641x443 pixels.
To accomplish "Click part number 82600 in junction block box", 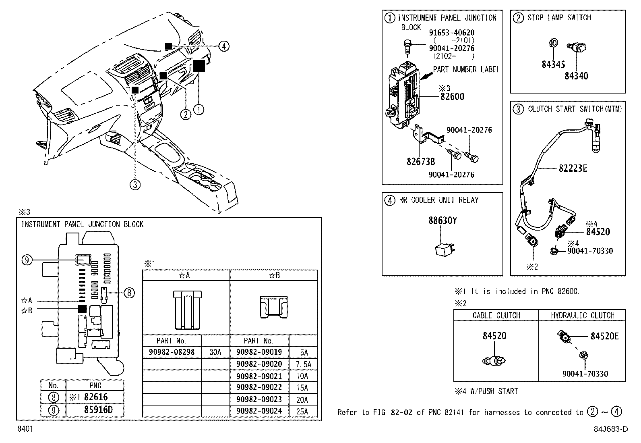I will (x=452, y=96).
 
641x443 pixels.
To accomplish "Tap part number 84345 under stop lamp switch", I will (x=553, y=64).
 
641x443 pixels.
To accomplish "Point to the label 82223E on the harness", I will (x=573, y=168).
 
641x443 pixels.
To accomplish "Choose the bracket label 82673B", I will (x=420, y=162).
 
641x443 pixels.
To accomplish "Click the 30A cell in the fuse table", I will (x=215, y=352).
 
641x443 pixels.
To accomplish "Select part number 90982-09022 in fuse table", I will (x=259, y=387).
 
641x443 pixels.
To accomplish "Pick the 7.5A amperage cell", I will (x=303, y=364).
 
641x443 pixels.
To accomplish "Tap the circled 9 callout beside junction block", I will (x=27, y=260).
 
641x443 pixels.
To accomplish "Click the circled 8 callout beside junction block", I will (x=128, y=293).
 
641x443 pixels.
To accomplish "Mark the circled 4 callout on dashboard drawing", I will (x=224, y=46).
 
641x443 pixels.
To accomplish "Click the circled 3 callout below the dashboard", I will (x=135, y=185).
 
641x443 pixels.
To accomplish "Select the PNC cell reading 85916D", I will (x=98, y=410).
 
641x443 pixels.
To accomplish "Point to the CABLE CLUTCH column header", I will (x=496, y=315).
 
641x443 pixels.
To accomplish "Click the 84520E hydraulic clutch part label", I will (x=604, y=336).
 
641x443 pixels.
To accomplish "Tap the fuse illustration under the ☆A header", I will (x=186, y=309).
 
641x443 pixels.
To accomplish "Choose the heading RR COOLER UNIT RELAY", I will (x=438, y=200).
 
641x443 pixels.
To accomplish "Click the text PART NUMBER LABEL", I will (x=466, y=70).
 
